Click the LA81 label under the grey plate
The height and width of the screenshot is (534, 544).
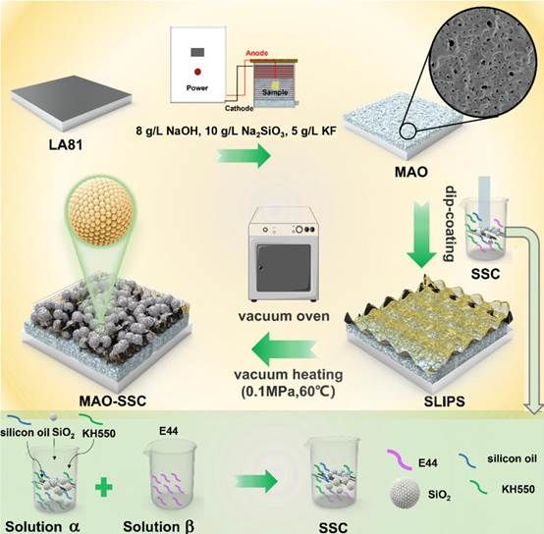coord(66,144)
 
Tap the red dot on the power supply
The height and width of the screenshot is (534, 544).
coord(197,72)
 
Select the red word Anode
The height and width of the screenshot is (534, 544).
coord(256,53)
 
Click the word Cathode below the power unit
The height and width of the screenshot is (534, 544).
coord(239,108)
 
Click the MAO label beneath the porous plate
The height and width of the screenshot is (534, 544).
coord(411,172)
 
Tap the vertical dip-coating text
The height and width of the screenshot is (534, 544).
coord(450,224)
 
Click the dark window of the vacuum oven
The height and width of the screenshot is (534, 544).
coord(284,268)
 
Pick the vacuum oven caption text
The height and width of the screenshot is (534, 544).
coord(284,316)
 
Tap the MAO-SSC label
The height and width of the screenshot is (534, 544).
coord(112,400)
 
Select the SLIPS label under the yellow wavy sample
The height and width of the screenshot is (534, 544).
coord(444,401)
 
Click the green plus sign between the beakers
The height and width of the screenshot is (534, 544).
coord(104,486)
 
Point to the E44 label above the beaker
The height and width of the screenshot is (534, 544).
coord(168,431)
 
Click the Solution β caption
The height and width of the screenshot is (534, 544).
coord(158,526)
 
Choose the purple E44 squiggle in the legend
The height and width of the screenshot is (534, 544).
coord(400,459)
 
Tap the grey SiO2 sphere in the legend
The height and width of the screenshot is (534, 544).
coord(406,493)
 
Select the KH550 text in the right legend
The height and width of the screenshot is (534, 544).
coord(518,489)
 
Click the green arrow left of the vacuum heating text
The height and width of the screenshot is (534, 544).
coord(284,349)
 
